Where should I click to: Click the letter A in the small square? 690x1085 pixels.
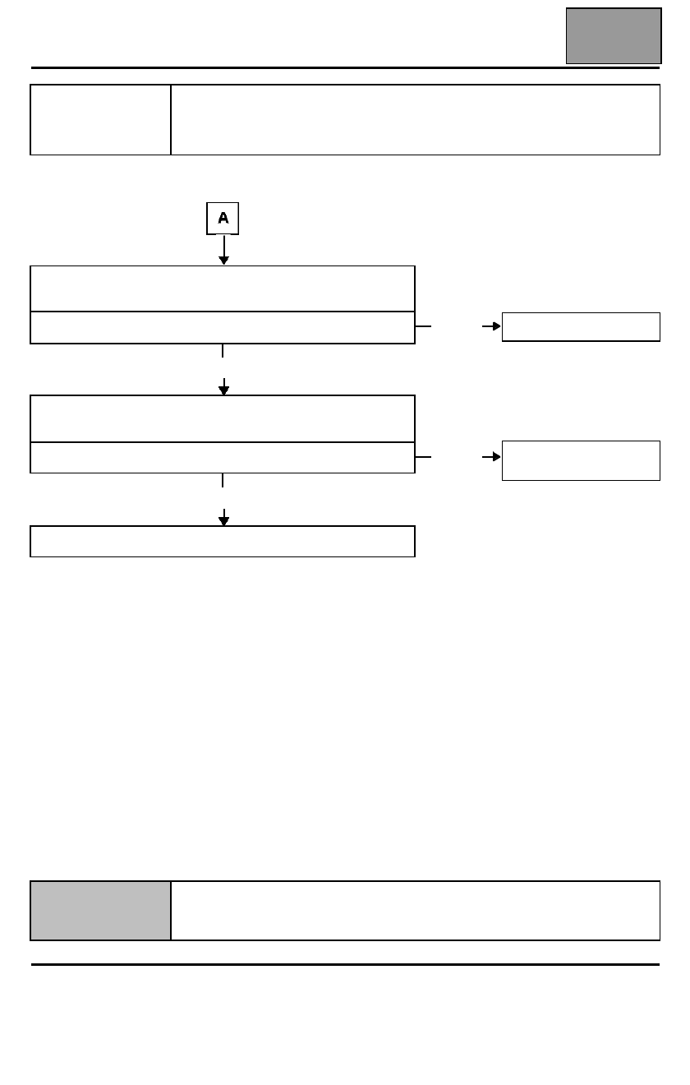223,218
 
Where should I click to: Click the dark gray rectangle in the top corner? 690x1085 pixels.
614,35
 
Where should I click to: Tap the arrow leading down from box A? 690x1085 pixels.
223,250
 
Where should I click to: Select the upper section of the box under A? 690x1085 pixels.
223,289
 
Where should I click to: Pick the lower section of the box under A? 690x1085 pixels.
223,327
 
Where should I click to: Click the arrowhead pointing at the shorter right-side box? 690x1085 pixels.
496,326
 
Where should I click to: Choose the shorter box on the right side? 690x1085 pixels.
581,326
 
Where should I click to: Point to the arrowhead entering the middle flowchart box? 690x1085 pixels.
223,390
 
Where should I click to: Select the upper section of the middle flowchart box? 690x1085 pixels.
223,418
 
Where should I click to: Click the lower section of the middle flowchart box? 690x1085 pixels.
223,457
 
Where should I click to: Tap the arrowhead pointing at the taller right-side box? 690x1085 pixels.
496,456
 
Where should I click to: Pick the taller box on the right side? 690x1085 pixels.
581,460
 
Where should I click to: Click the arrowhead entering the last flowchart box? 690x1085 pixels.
223,520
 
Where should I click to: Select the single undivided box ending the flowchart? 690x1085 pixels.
223,541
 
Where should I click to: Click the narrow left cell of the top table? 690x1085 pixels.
100,120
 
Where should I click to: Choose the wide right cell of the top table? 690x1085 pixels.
416,120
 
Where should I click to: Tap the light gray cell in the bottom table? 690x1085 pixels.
100,911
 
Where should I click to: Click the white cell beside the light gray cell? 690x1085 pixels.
416,911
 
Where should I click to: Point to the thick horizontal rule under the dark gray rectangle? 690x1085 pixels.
345,67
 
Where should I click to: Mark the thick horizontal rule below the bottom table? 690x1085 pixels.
345,964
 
